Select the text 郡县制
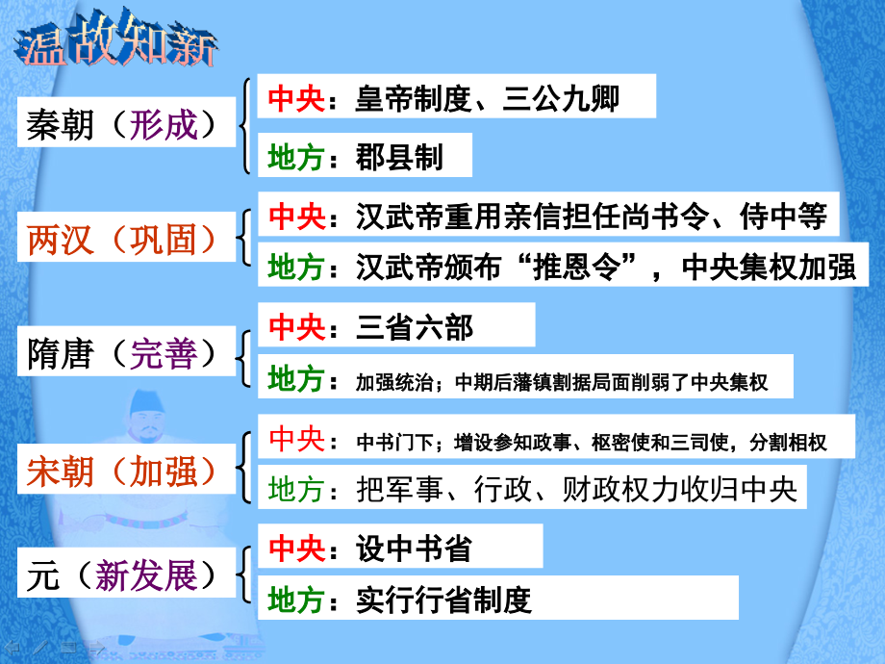click(x=399, y=158)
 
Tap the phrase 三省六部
click(x=415, y=328)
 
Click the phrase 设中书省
click(x=414, y=549)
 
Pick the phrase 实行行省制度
click(x=443, y=601)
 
